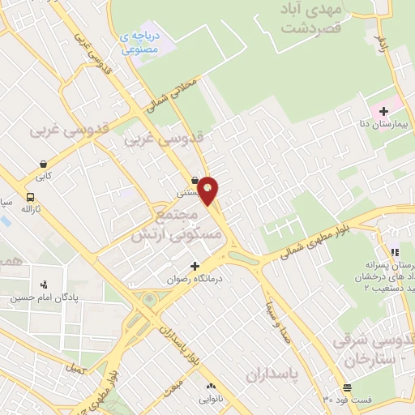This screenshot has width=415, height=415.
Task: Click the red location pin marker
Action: [208, 190]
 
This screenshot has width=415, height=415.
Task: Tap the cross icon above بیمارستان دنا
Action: [384, 110]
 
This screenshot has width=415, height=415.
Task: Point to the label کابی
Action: [43, 176]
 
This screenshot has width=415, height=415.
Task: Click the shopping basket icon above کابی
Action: [42, 163]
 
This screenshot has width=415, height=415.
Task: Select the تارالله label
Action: [30, 209]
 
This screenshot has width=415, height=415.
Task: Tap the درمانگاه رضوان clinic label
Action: [195, 280]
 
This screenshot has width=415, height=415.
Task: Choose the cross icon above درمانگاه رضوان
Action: [195, 265]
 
